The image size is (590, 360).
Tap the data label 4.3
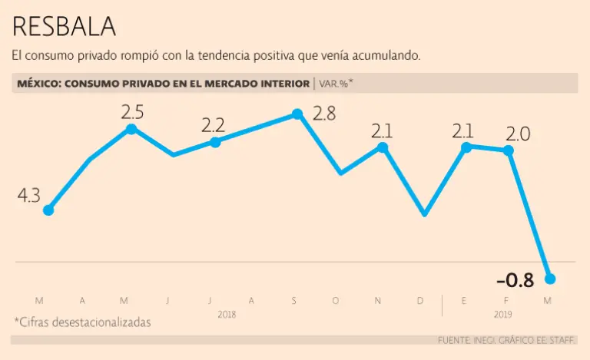pos(28,196)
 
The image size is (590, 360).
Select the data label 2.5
pos(132,111)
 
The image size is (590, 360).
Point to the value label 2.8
pos(324,114)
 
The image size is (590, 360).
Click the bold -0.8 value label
pos(515,280)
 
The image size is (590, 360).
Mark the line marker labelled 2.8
pos(297,115)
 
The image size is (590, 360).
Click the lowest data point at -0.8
pos(549,279)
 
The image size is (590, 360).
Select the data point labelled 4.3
pos(48,210)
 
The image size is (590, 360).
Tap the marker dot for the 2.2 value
pos(215,142)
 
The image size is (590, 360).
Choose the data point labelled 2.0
pos(508,150)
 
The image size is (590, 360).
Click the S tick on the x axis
pos(293,301)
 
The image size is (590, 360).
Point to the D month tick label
pos(419,301)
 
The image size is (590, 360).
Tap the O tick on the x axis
pos(335,301)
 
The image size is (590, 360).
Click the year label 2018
pos(227,314)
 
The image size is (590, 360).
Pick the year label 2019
pos(504,314)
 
